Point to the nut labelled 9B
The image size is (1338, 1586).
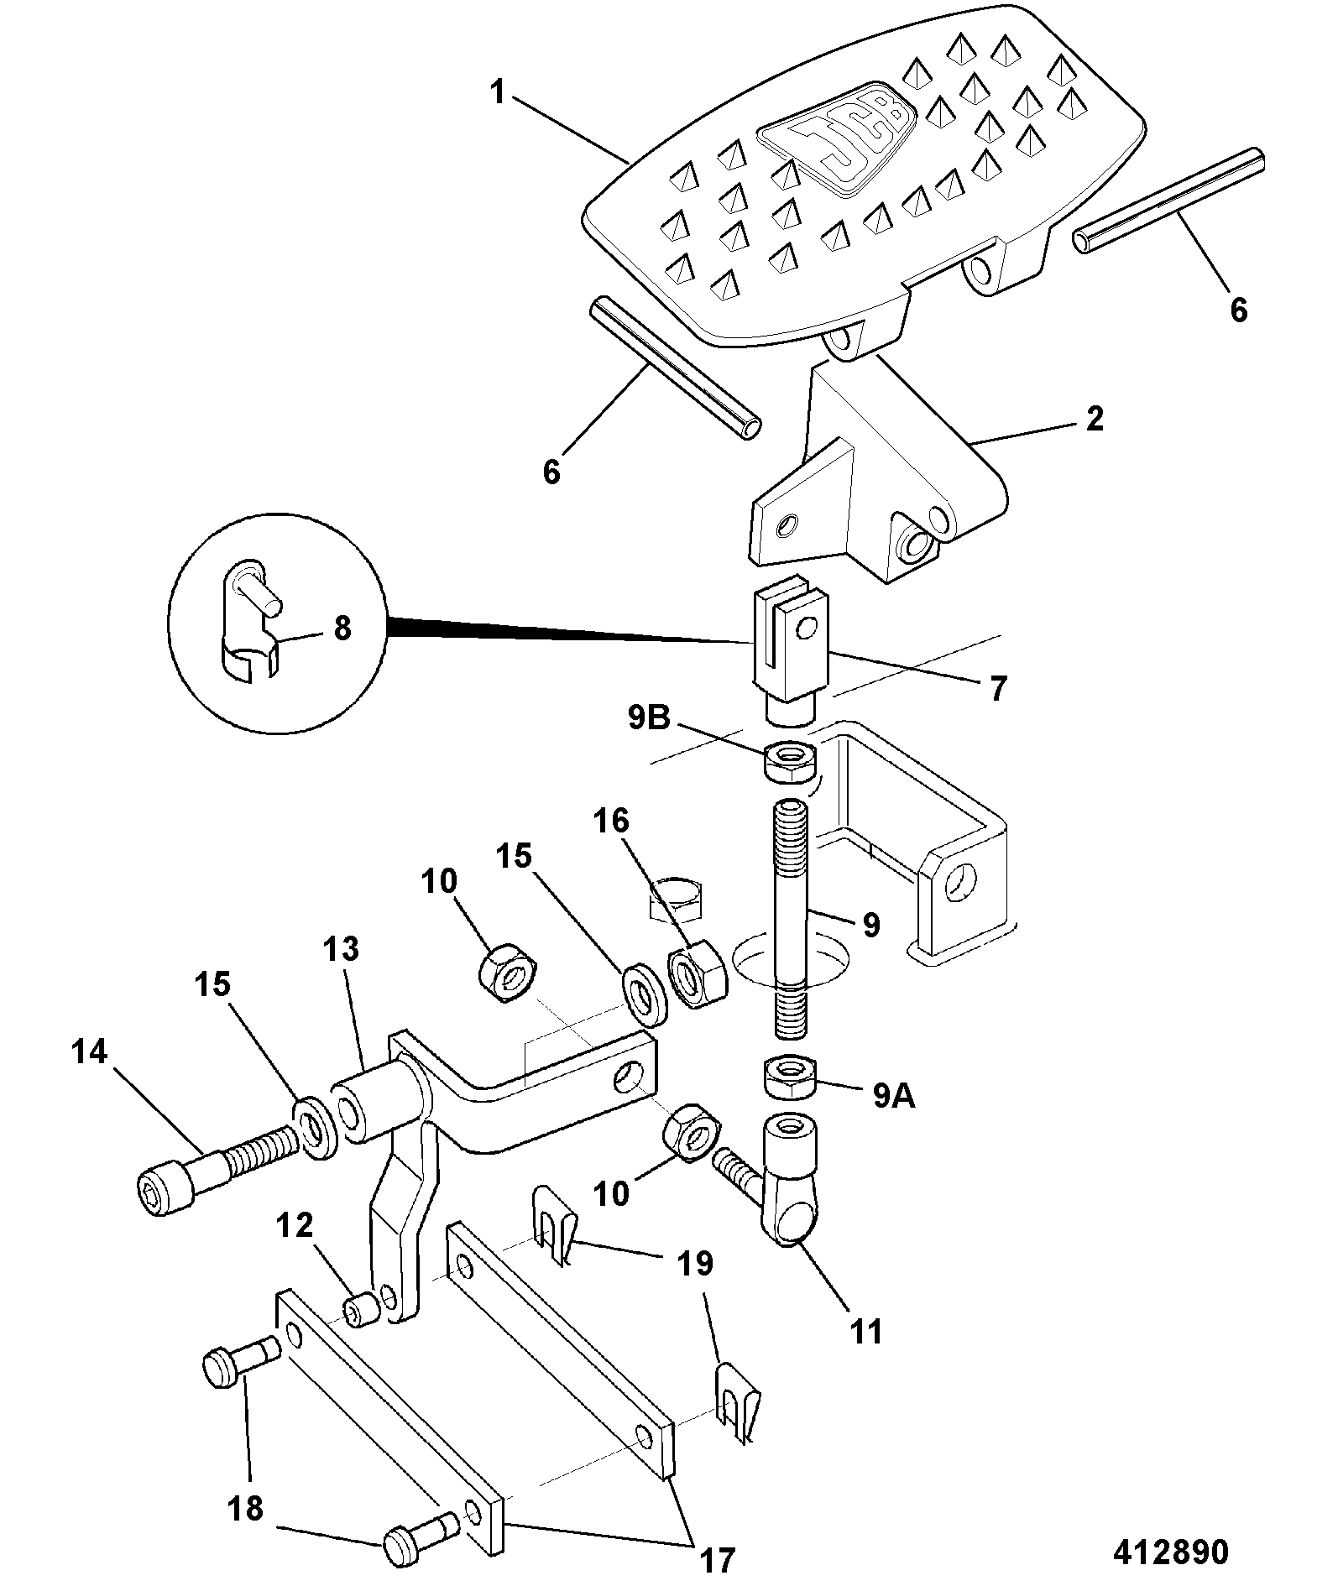pos(790,760)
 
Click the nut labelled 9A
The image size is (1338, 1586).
pos(791,1076)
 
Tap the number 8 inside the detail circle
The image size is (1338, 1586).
pos(342,629)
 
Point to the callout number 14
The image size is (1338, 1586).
pos(90,1051)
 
